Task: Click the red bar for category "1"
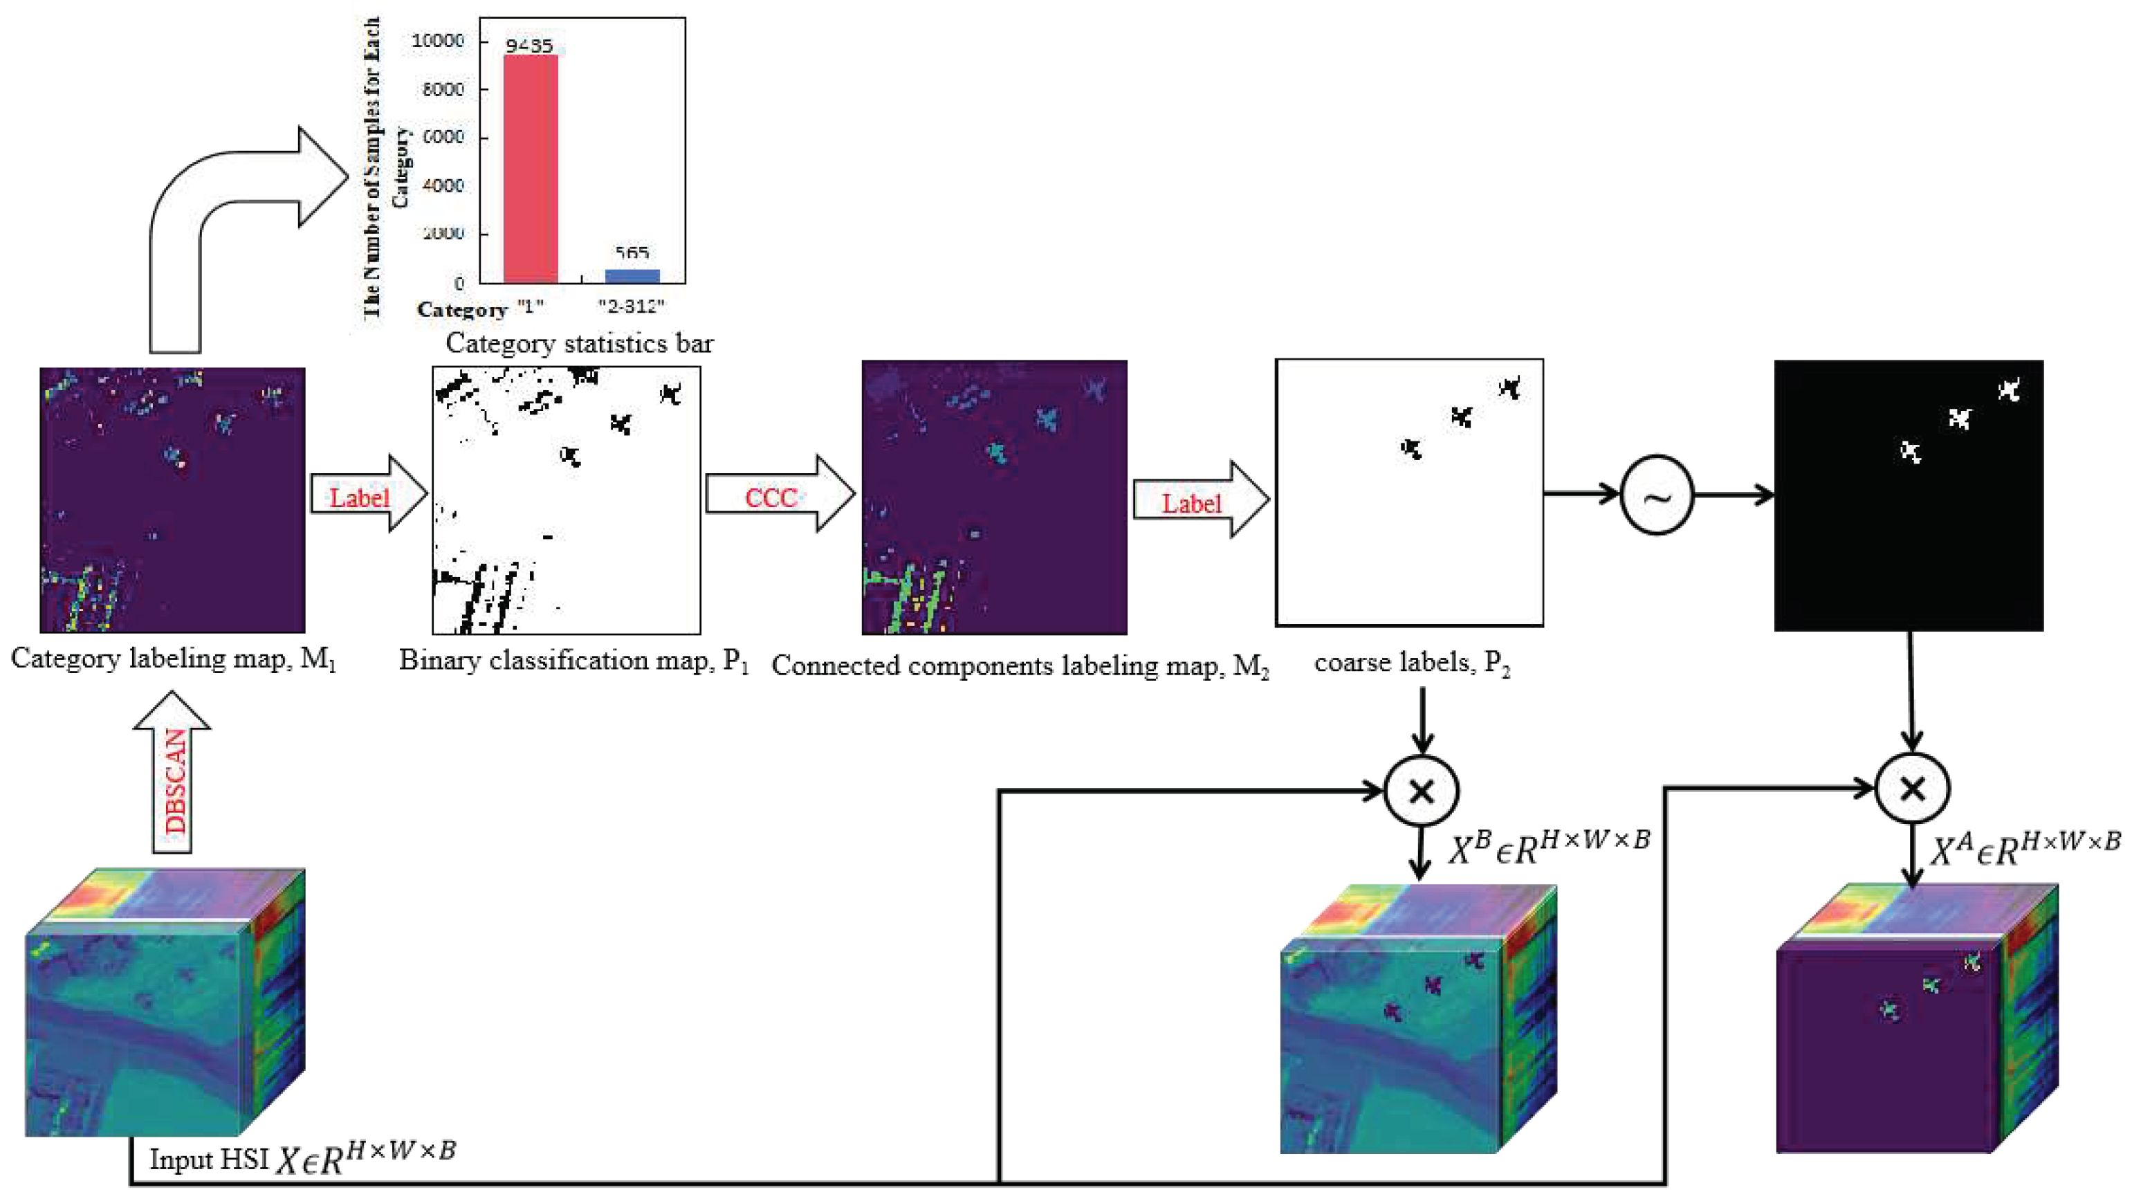pyautogui.click(x=531, y=169)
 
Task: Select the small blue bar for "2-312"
pyautogui.click(x=632, y=275)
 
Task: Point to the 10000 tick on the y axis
pyautogui.click(x=438, y=41)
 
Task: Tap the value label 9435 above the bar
pyautogui.click(x=530, y=46)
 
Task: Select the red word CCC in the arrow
pyautogui.click(x=771, y=497)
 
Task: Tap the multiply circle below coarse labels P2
pyautogui.click(x=1421, y=791)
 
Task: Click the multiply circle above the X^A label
pyautogui.click(x=1912, y=788)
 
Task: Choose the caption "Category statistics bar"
pyautogui.click(x=580, y=342)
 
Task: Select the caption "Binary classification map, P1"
pyautogui.click(x=573, y=661)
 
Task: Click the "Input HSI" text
pyautogui.click(x=210, y=1159)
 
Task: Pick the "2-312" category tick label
pyautogui.click(x=632, y=306)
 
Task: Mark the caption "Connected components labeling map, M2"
pyautogui.click(x=1020, y=666)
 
